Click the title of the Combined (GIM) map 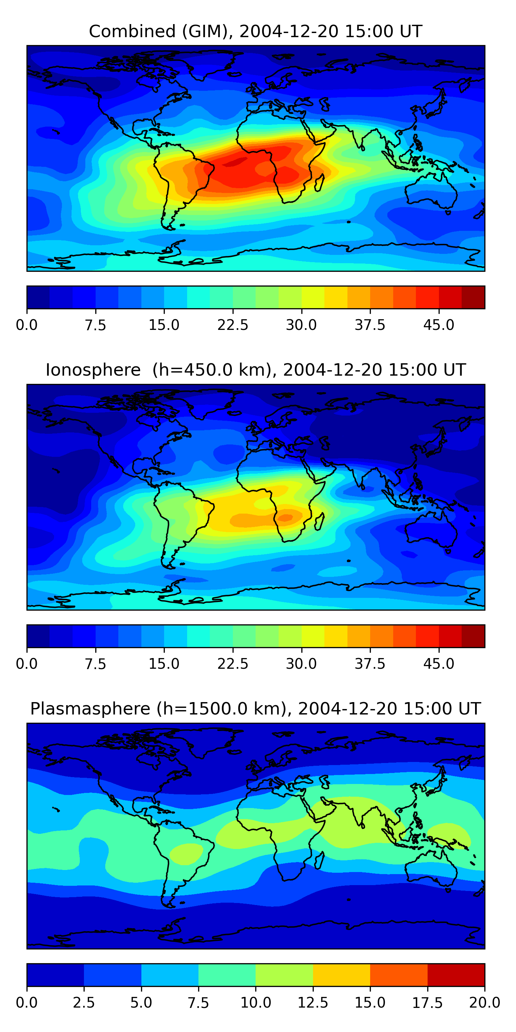(x=256, y=31)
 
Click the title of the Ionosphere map (x=256, y=370)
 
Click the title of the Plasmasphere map (x=256, y=709)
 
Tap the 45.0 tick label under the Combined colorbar (x=439, y=325)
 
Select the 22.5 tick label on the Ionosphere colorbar (x=233, y=664)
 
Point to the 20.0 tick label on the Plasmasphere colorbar (x=484, y=1003)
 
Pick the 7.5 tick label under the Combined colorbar (x=95, y=325)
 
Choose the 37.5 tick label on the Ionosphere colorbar (x=370, y=664)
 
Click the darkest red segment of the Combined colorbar (x=473, y=297)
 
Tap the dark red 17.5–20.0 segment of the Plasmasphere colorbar (x=456, y=975)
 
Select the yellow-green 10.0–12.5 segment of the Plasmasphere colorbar (x=284, y=975)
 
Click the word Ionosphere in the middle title (x=93, y=370)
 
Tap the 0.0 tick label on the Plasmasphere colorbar (x=27, y=1003)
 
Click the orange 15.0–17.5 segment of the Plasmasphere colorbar (x=399, y=975)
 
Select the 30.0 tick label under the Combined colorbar (x=301, y=325)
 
